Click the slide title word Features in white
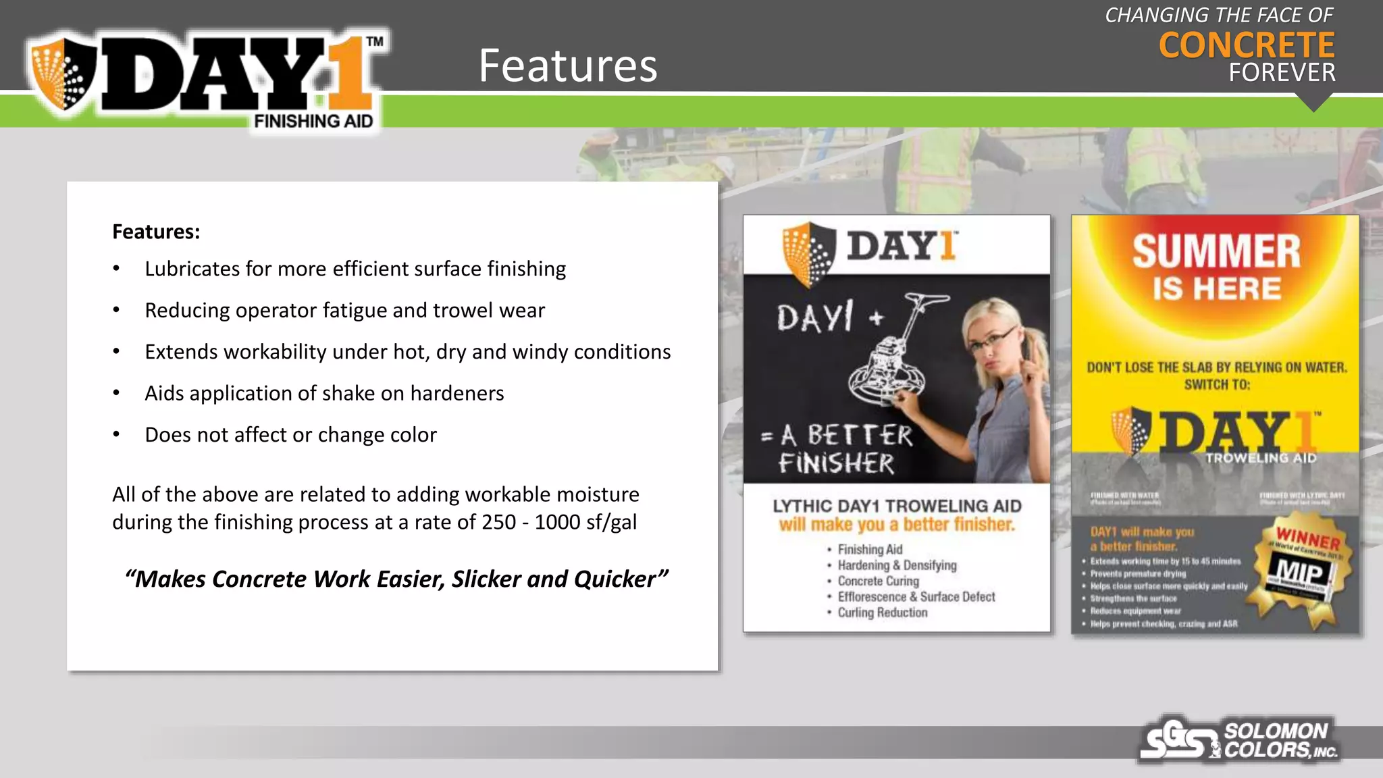[568, 66]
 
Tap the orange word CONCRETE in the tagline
[1247, 46]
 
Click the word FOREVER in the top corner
[1282, 73]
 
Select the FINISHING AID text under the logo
[313, 122]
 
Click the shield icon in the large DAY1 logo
[64, 74]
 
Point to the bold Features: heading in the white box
[156, 232]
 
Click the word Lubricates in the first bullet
[192, 269]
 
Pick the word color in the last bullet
[411, 435]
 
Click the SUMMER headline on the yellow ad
[1216, 252]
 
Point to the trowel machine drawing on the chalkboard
[891, 351]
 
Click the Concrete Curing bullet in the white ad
[878, 581]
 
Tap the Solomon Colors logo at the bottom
[1240, 740]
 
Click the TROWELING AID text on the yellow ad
[1261, 458]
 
